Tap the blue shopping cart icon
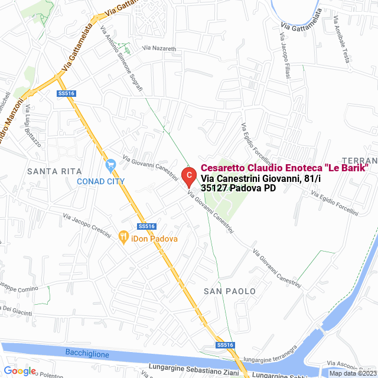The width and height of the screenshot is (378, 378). click(x=110, y=165)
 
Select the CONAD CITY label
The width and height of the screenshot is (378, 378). click(x=101, y=181)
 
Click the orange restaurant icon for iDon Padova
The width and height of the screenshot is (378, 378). click(x=123, y=237)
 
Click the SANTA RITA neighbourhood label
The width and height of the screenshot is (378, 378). click(x=54, y=171)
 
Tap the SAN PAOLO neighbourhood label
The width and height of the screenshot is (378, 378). click(x=230, y=291)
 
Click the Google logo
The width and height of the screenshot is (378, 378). click(x=19, y=371)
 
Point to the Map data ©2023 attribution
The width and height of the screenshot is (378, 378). click(x=353, y=373)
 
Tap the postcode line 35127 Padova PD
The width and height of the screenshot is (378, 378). click(x=238, y=188)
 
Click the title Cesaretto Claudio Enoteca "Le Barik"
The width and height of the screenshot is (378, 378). click(x=285, y=168)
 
